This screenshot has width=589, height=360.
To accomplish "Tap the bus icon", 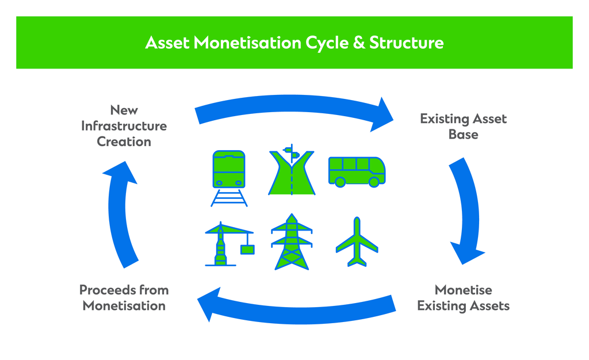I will (x=357, y=171).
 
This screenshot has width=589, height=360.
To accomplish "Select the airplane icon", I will (x=357, y=242).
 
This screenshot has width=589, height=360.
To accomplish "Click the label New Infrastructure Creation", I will (x=124, y=125).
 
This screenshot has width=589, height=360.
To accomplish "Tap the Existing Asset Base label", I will (x=463, y=127).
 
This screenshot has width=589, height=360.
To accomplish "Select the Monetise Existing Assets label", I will (x=463, y=297).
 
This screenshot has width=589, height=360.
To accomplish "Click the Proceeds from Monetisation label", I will (x=124, y=297).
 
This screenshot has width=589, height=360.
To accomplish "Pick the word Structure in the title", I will (x=406, y=43).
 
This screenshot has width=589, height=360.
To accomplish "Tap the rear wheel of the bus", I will (x=340, y=182).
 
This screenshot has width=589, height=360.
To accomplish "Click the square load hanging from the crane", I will (x=248, y=249).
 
